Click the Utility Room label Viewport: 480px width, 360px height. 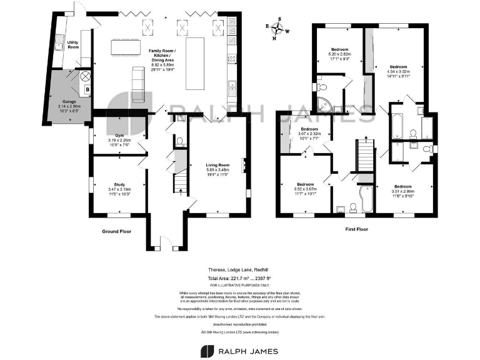coord(73,45)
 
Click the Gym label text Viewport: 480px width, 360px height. coord(119,140)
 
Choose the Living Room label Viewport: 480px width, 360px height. coord(218,169)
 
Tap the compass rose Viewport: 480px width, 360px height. coord(278,29)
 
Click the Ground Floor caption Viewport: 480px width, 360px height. coord(117,231)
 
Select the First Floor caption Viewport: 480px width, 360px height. coord(356,229)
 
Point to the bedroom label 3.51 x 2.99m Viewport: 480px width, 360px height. coord(403,190)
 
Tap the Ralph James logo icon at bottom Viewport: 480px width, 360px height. coord(207,351)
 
